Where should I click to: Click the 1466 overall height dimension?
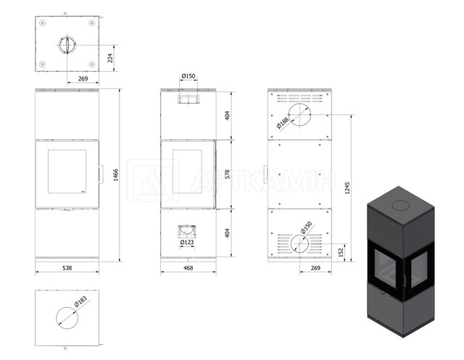(116, 175)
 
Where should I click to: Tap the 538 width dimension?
(67, 268)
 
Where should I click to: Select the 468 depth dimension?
(188, 268)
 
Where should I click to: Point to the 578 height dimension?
(227, 174)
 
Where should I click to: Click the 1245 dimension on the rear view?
(347, 188)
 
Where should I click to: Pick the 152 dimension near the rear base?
(341, 252)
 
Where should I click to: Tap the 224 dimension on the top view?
(110, 58)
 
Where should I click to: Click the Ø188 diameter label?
(283, 123)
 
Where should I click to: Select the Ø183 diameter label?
(80, 301)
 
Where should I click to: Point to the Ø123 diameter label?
(187, 243)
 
